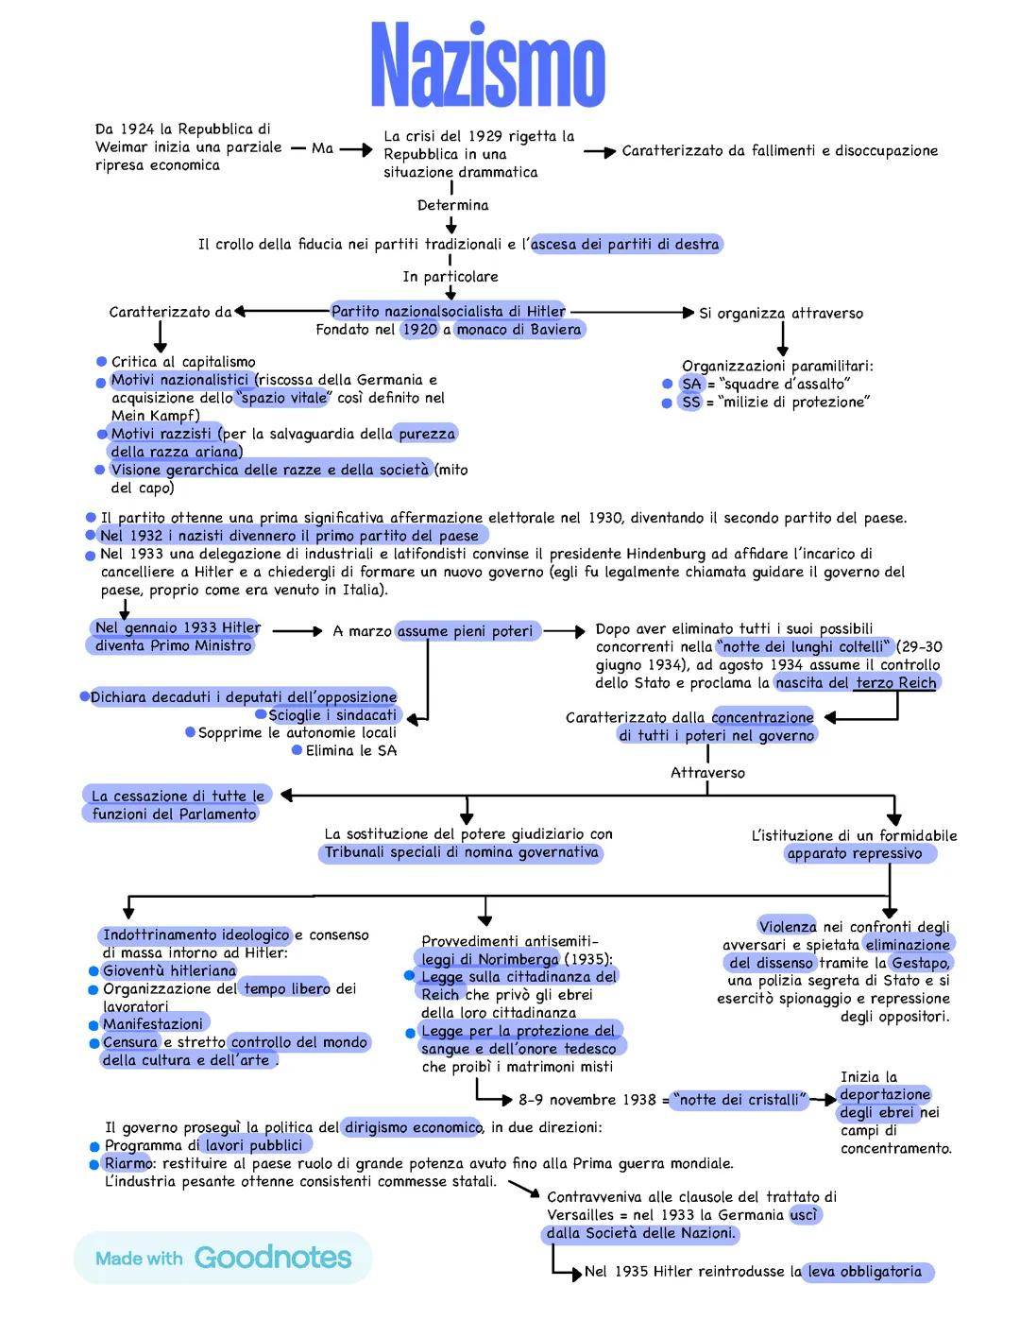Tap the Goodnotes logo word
pyautogui.click(x=272, y=1258)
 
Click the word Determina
pyautogui.click(x=453, y=205)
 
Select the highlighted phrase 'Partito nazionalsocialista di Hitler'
pyautogui.click(x=449, y=311)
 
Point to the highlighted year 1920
pyautogui.click(x=419, y=330)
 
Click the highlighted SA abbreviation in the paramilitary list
pyautogui.click(x=691, y=384)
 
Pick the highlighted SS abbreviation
pyautogui.click(x=691, y=403)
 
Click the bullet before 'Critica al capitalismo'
pyautogui.click(x=101, y=362)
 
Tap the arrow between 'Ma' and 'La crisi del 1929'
pyautogui.click(x=355, y=149)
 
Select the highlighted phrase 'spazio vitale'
pyautogui.click(x=283, y=398)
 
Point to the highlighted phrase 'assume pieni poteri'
pyautogui.click(x=466, y=631)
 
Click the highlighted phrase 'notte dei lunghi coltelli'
pyautogui.click(x=806, y=647)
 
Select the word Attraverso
pyautogui.click(x=707, y=773)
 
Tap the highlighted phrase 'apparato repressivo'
pyautogui.click(x=855, y=854)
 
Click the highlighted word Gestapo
pyautogui.click(x=921, y=963)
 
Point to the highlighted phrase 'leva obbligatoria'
pyautogui.click(x=864, y=1272)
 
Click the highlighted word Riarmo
pyautogui.click(x=127, y=1163)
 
